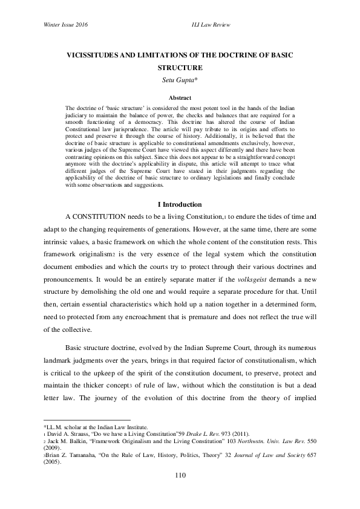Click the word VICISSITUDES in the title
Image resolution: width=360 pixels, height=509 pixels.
tap(98, 55)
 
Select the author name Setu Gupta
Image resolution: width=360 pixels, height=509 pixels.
tap(180, 79)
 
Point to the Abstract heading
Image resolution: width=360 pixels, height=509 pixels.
tap(180, 97)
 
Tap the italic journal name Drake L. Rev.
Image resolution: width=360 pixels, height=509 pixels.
tap(208, 435)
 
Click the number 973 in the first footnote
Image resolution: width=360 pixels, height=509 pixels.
tap(233, 435)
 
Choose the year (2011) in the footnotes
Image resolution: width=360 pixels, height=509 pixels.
tap(252, 435)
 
